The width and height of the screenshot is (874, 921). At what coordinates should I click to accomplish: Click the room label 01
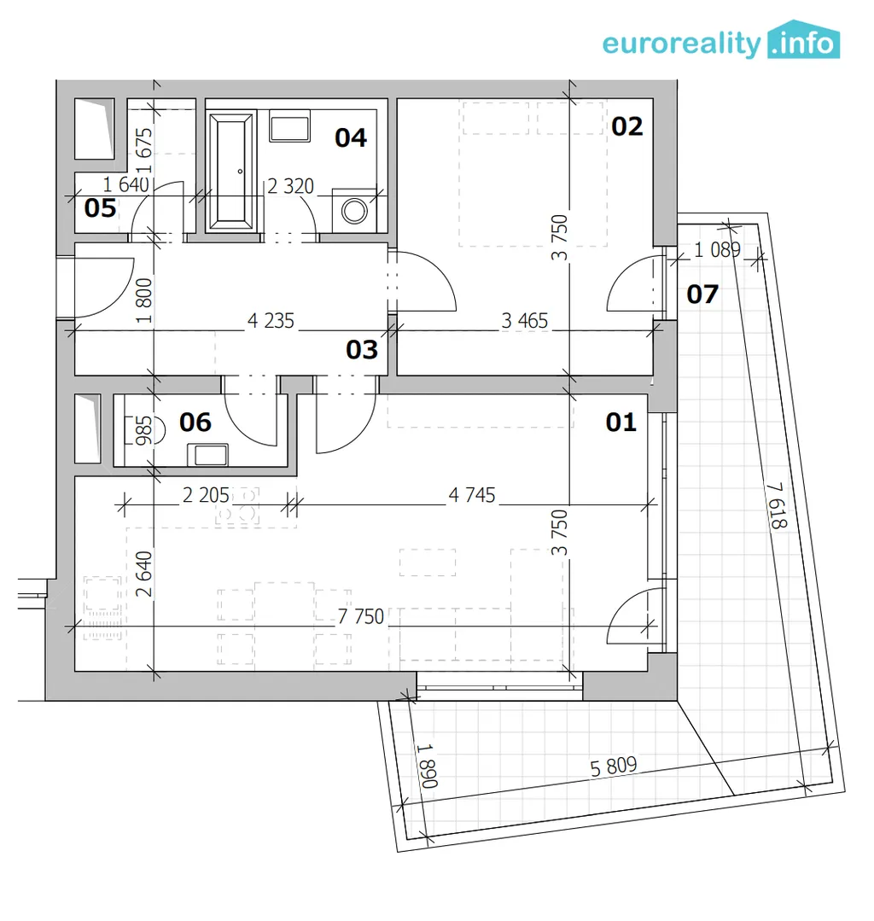coord(621,423)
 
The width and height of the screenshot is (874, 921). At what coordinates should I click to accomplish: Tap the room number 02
coord(626,126)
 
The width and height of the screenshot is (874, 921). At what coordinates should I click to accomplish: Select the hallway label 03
coord(362,349)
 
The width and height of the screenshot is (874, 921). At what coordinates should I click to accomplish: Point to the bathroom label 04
coord(351,138)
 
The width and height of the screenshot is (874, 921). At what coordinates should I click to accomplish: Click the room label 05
coord(100,208)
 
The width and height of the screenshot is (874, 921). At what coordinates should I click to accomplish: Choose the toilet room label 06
coord(195,423)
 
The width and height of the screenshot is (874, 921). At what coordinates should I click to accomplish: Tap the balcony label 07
coord(702,294)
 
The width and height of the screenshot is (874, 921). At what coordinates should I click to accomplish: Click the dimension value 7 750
coord(361,616)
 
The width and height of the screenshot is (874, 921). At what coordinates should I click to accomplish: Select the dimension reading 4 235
coord(271,321)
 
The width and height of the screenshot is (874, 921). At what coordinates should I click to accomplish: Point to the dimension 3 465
coord(525,321)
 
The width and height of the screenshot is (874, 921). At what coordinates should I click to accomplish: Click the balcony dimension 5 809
coord(613,767)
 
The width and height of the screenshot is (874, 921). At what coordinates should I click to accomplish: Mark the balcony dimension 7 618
coord(777,505)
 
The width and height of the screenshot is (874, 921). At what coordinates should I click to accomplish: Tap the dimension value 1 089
coord(717,249)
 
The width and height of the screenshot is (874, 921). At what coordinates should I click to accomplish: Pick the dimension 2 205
coord(206,495)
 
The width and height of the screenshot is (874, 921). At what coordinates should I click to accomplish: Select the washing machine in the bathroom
coord(354,211)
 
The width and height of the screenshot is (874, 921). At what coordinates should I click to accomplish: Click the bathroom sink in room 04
coord(289,128)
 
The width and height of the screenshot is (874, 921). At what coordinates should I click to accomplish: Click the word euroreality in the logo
coord(681,44)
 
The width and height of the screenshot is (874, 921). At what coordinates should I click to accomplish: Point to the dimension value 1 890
coord(427,766)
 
